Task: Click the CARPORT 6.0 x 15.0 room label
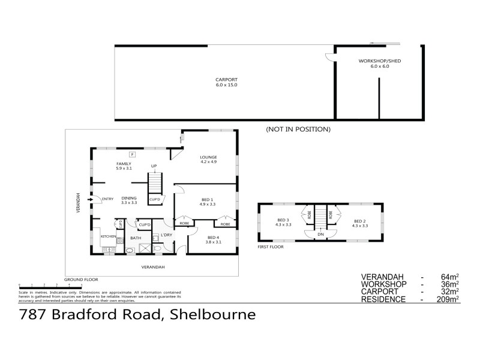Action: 227,82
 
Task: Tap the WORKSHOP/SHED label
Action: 374,64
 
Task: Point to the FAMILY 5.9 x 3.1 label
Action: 124,166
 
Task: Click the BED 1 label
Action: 207,201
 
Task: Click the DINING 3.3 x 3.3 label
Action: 129,200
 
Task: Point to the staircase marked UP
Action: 155,181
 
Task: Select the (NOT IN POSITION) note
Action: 298,129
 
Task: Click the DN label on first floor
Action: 321,234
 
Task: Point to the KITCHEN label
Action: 108,237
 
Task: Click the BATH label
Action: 136,238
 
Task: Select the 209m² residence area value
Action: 448,299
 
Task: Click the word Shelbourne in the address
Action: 214,314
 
